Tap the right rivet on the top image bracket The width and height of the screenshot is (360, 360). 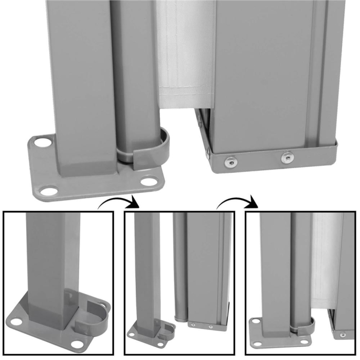tap(287, 157)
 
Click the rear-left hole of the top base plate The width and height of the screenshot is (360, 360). tap(44, 141)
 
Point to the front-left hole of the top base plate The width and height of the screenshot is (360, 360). tap(49, 191)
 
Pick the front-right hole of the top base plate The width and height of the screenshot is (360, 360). tap(149, 181)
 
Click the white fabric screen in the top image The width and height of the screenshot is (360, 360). tap(185, 57)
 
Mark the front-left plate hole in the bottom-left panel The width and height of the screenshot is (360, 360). tap(16, 322)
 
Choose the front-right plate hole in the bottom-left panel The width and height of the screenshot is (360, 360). tap(77, 343)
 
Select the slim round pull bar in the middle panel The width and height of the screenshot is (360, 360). tap(179, 267)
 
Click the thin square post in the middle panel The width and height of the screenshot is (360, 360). tap(147, 267)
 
